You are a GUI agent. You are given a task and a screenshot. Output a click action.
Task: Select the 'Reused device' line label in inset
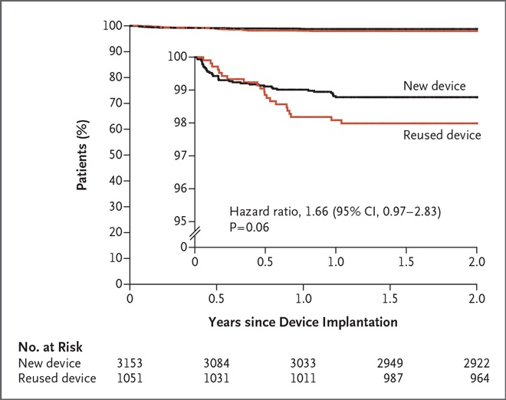(441, 135)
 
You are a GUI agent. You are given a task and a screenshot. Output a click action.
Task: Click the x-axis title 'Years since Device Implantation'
(304, 322)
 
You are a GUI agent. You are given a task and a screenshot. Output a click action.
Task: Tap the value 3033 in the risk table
(304, 362)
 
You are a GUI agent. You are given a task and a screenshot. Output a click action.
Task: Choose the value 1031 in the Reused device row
(217, 377)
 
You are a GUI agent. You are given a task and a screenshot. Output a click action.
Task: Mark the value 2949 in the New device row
(390, 362)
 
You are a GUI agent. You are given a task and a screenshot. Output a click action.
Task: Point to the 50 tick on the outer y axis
(116, 155)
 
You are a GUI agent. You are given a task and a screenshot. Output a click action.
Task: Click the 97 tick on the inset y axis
(179, 156)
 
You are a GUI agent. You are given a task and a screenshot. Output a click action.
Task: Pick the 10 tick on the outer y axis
(116, 258)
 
